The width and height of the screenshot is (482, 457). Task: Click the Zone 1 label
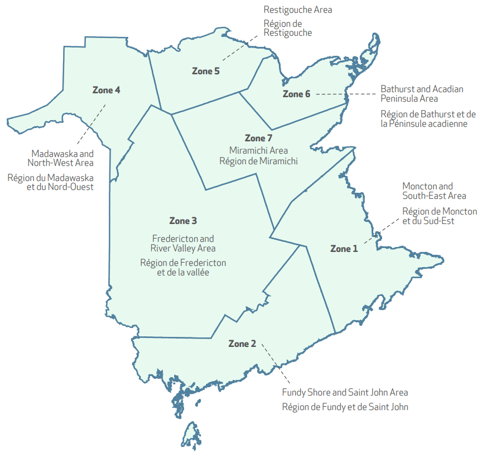click(x=344, y=249)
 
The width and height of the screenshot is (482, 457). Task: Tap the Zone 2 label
click(x=242, y=344)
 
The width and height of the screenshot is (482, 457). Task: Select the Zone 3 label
click(x=183, y=221)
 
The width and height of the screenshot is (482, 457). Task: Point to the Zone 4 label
click(x=106, y=89)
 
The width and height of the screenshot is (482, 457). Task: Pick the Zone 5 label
click(x=206, y=71)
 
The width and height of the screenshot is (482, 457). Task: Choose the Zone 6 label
click(x=296, y=94)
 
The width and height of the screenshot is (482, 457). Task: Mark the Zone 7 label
click(x=258, y=138)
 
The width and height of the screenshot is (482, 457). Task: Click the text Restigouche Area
click(x=298, y=9)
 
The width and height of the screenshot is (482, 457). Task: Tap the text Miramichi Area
click(x=258, y=150)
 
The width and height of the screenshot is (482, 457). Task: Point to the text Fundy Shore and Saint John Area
click(x=345, y=392)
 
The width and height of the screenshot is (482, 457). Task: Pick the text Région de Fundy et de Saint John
click(x=345, y=407)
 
